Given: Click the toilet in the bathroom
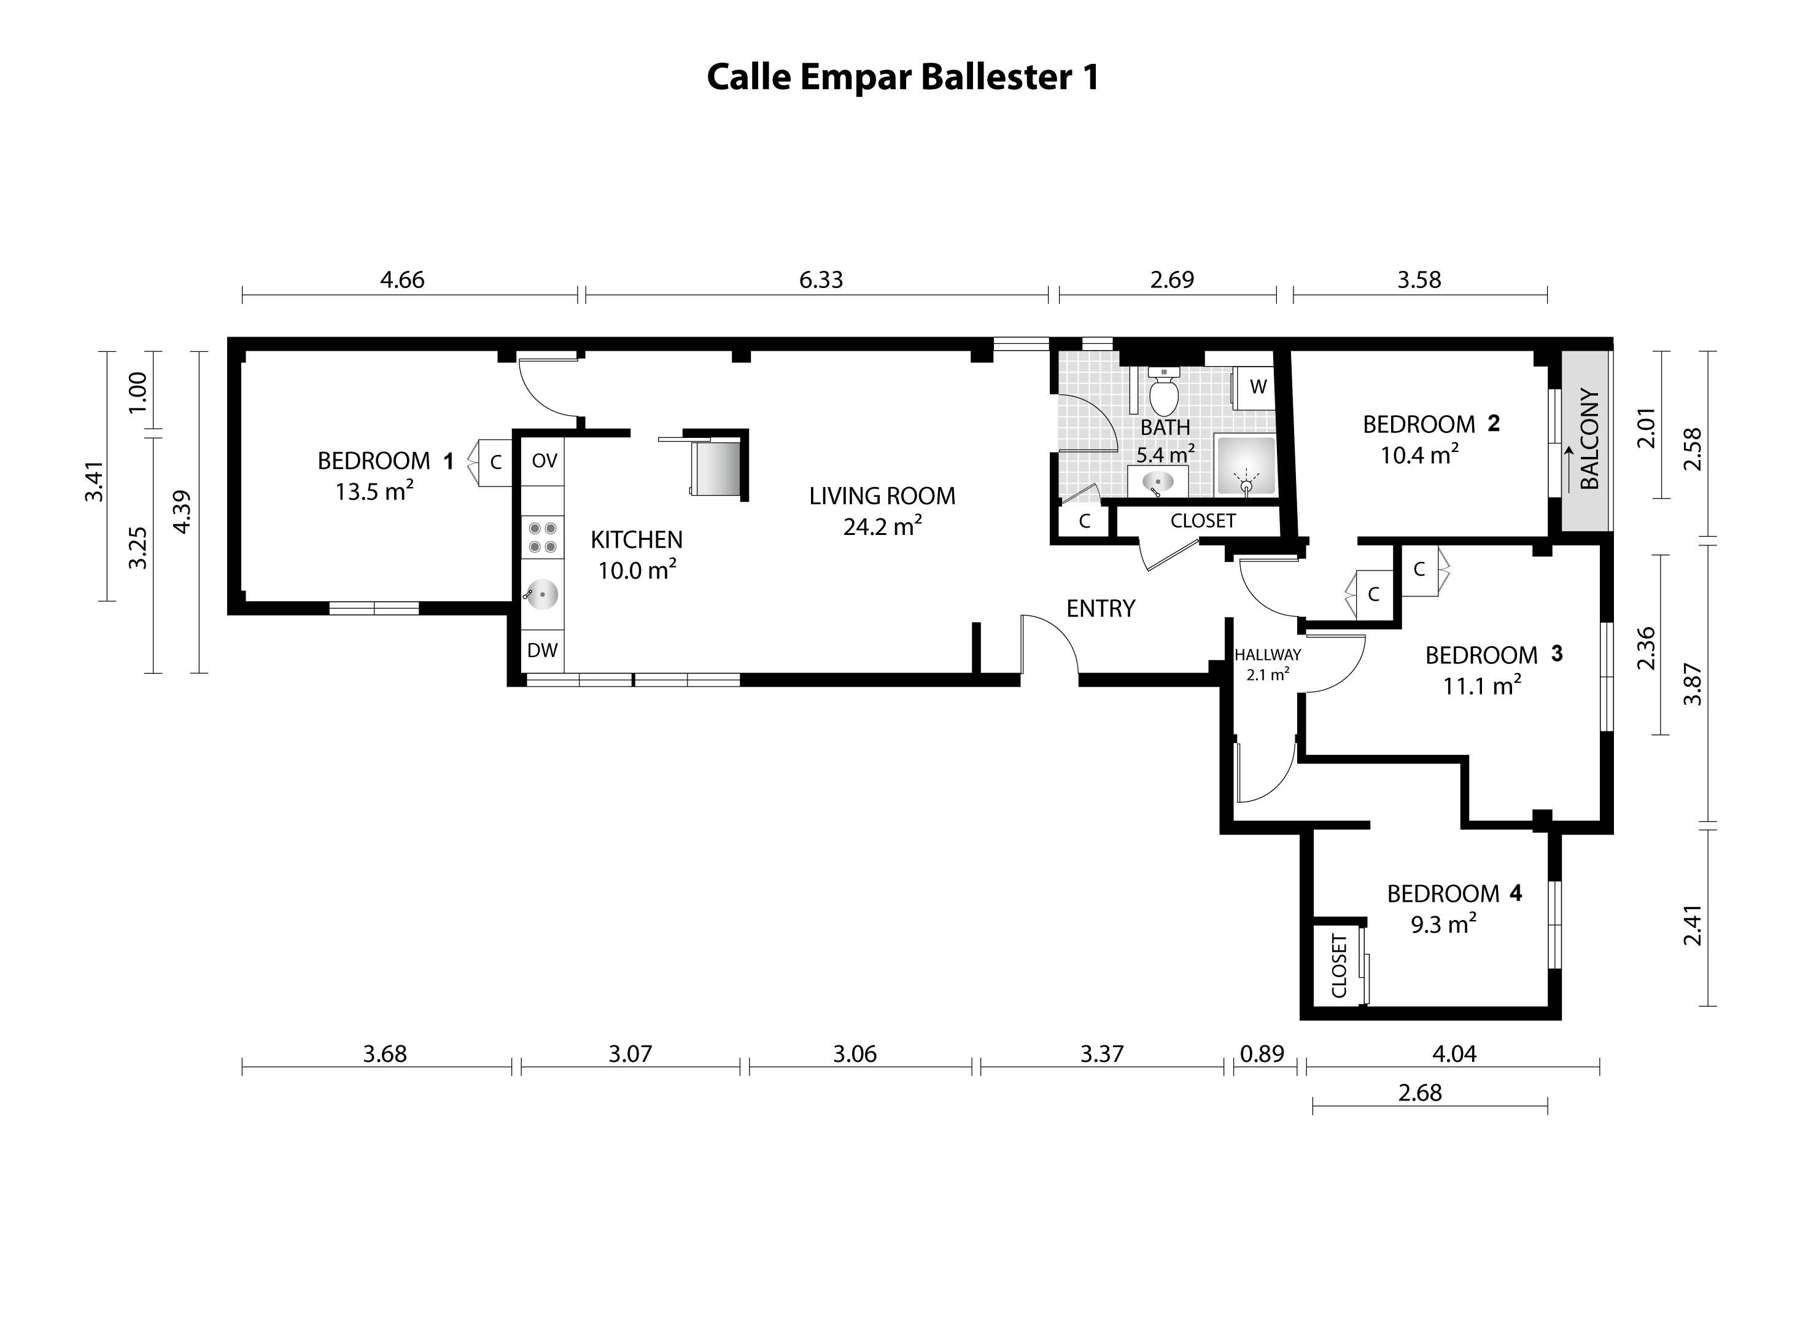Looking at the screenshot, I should [x=1164, y=392].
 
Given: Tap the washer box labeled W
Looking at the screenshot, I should [x=1257, y=388].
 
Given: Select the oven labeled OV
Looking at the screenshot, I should [x=544, y=461].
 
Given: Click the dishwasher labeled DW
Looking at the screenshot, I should [x=542, y=650].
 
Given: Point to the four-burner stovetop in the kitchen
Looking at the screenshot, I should [x=543, y=537].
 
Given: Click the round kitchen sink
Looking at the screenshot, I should [x=543, y=595].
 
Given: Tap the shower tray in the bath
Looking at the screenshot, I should [x=1246, y=466].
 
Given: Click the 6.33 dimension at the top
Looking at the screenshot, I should [x=820, y=280].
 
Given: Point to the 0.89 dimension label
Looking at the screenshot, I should [x=1262, y=1053].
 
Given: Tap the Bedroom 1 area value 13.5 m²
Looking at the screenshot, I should [x=374, y=491].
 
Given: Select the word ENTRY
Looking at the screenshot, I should [x=1100, y=609].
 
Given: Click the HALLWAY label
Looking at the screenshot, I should [x=1267, y=655].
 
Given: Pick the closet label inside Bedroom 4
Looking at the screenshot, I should [x=1338, y=966].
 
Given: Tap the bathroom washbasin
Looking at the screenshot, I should [x=1157, y=482].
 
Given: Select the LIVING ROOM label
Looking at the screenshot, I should [x=882, y=496].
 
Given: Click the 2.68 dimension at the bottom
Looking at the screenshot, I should [x=1419, y=1093].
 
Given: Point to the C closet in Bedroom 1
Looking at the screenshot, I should [x=495, y=462].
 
